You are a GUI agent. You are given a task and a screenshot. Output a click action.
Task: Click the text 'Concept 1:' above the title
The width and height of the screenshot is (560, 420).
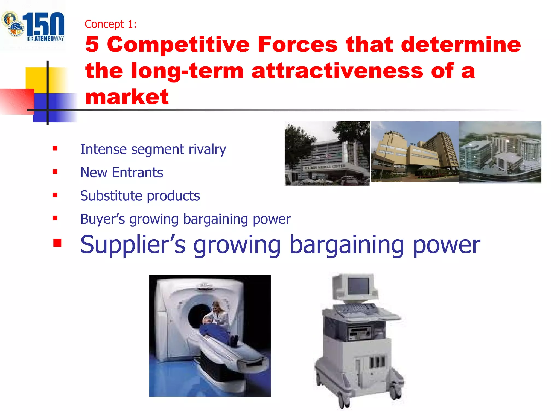(110, 24)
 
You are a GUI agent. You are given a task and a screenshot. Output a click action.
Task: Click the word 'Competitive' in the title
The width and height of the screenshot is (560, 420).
(178, 45)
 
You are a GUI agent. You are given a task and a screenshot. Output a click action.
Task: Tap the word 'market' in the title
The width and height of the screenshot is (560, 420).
(127, 97)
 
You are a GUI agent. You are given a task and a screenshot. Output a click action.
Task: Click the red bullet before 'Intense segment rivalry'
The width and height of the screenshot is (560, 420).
(55, 148)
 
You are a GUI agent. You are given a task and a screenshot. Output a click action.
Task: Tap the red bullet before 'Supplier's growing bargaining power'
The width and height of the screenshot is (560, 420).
(57, 243)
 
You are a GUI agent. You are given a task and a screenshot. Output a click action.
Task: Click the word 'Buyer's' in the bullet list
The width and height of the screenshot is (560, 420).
(103, 219)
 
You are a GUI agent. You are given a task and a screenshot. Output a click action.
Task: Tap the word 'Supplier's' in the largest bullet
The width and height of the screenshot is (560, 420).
(133, 245)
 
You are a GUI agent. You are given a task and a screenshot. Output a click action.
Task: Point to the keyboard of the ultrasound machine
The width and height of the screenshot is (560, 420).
(355, 309)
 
